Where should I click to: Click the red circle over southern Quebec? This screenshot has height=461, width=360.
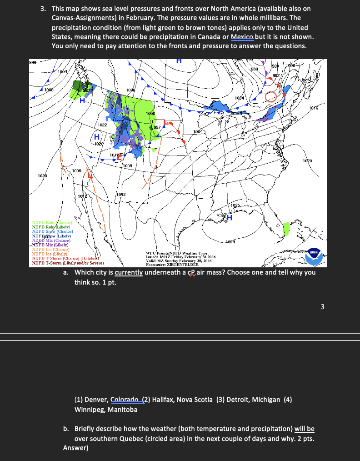point(272,97)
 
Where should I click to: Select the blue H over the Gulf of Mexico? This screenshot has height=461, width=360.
point(230,218)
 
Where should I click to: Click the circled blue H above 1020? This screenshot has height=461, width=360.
point(96,137)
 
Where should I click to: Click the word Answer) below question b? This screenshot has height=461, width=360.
point(76,448)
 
